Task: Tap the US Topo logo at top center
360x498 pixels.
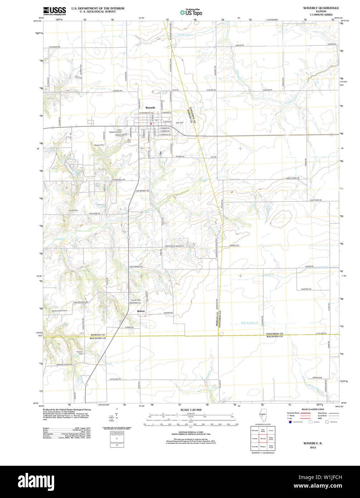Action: [191, 13]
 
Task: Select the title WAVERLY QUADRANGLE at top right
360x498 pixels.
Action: [321, 8]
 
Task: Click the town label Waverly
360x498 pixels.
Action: [150, 107]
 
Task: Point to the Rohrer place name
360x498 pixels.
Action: [141, 311]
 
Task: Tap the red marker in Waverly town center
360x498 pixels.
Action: [151, 124]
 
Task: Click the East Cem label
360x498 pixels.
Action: [179, 123]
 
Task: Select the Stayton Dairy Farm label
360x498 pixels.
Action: [59, 311]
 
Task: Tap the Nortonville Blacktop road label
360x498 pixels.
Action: [174, 246]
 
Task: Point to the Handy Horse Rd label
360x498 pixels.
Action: [292, 178]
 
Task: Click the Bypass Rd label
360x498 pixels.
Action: [180, 157]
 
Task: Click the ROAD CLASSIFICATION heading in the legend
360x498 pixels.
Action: [313, 409]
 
